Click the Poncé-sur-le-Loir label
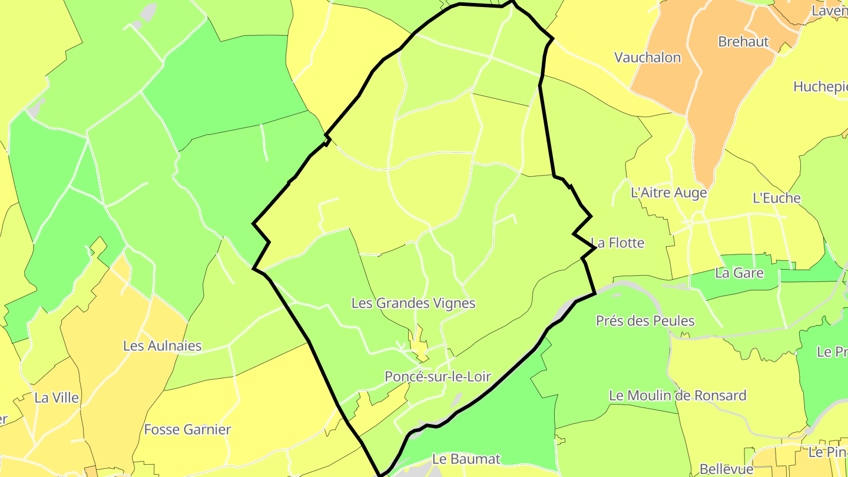tap(438, 377)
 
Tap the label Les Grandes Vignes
tap(413, 303)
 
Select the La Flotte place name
tap(618, 243)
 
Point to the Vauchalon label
tap(647, 58)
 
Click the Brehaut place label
tap(743, 42)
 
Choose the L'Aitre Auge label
tap(668, 193)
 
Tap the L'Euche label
tap(777, 198)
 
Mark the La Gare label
tap(739, 273)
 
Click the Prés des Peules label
tap(645, 321)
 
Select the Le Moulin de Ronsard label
tap(677, 395)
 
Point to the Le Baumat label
tap(466, 459)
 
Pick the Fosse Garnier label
tap(187, 429)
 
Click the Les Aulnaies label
tap(162, 346)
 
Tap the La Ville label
tap(57, 397)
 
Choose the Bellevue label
tap(726, 469)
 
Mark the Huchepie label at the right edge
tap(820, 87)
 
